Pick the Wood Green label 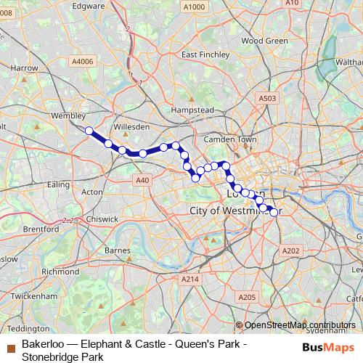[264, 41]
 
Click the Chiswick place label [102, 218]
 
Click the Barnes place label [118, 250]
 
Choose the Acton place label [92, 192]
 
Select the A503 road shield [267, 97]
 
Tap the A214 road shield [190, 279]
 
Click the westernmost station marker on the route [89, 131]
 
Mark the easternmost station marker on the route [274, 212]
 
